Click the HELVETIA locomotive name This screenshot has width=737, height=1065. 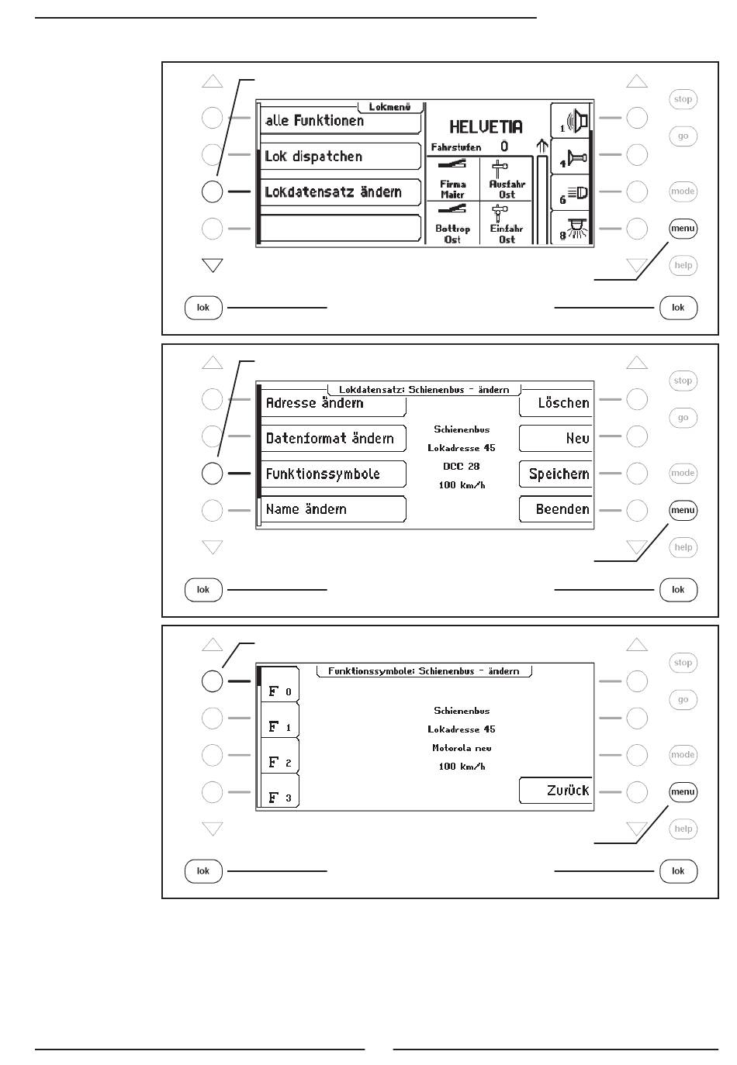[x=486, y=127]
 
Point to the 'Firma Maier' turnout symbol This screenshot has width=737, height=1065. [x=452, y=179]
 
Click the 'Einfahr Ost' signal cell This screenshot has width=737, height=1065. [x=507, y=224]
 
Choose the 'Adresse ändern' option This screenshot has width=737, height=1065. [x=332, y=403]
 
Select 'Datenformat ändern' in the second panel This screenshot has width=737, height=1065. [x=332, y=439]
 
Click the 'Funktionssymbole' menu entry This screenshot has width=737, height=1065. [x=332, y=474]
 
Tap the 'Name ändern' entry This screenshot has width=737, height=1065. [x=332, y=510]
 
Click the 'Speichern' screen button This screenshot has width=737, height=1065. [x=556, y=474]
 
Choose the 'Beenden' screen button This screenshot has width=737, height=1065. [x=556, y=510]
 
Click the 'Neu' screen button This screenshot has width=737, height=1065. [x=556, y=439]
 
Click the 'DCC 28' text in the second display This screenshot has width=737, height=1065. [x=462, y=467]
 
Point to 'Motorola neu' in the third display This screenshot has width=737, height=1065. [x=462, y=748]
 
